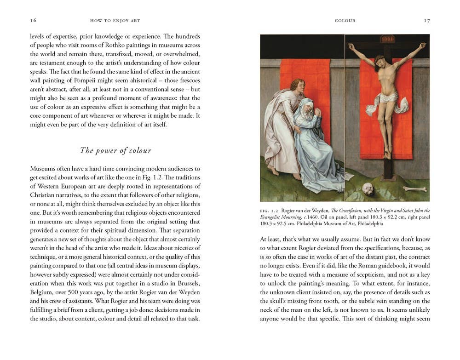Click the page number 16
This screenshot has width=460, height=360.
point(33,21)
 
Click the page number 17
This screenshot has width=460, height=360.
point(426,21)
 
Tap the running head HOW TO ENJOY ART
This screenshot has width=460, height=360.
point(115,21)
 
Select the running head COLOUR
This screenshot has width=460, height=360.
point(345,21)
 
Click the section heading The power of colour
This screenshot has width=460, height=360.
point(115,150)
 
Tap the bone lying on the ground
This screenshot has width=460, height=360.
point(415,189)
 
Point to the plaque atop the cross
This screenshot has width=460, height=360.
point(387,39)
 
